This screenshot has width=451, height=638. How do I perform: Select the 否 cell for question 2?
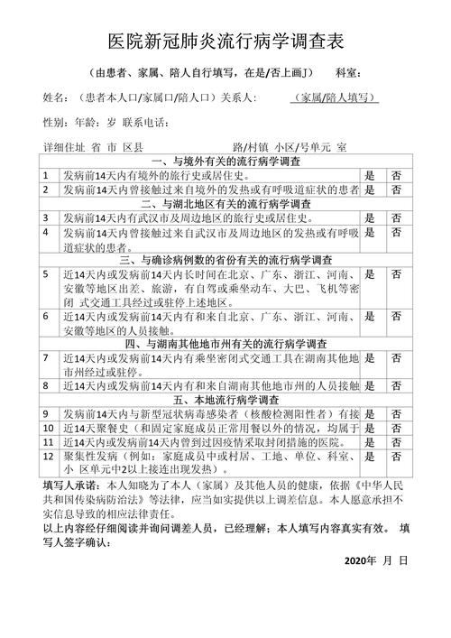click(396, 190)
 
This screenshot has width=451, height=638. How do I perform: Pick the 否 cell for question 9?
click(396, 413)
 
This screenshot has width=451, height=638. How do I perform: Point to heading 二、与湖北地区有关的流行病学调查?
click(225, 205)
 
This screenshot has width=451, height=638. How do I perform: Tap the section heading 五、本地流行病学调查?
click(225, 400)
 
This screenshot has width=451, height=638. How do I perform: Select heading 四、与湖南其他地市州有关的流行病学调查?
click(225, 344)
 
